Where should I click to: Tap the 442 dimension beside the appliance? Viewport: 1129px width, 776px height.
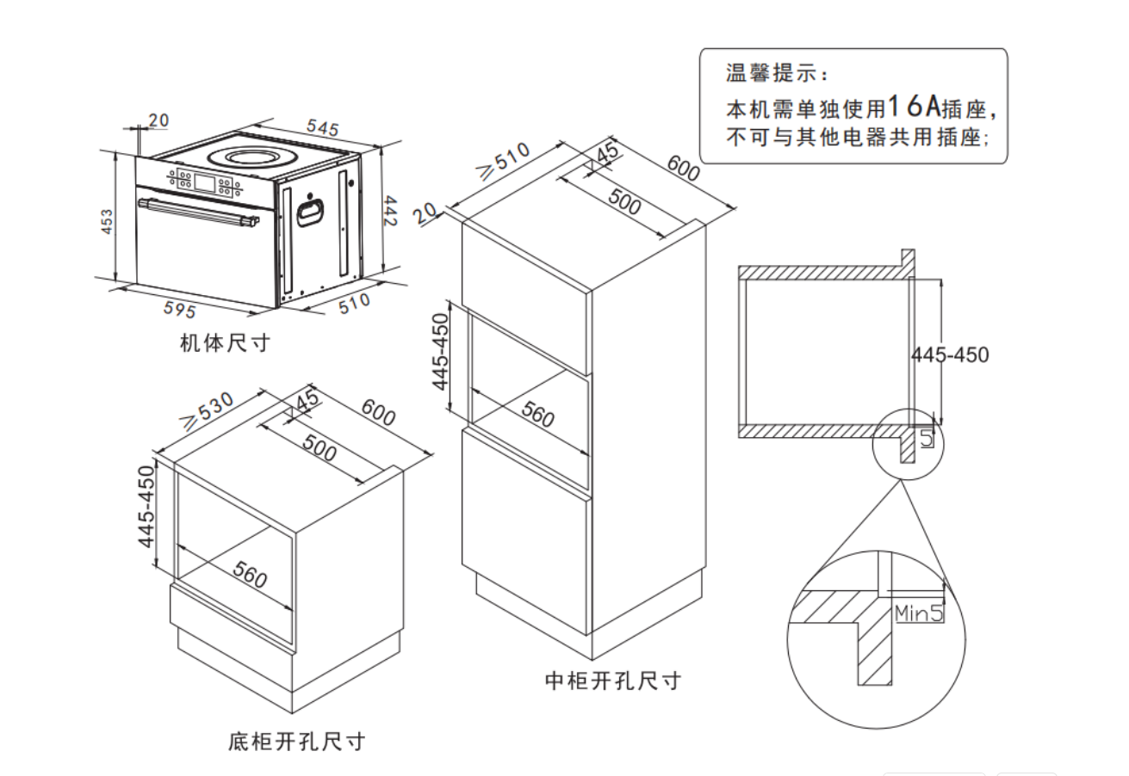pyautogui.click(x=389, y=211)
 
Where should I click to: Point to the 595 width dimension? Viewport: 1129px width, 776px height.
pyautogui.click(x=180, y=309)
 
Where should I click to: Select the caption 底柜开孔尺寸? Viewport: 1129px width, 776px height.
pyautogui.click(x=296, y=741)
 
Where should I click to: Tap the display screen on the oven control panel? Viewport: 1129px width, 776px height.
pyautogui.click(x=206, y=182)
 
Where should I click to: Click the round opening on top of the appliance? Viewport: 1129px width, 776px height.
pyautogui.click(x=251, y=157)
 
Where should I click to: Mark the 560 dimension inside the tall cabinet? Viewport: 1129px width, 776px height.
pyautogui.click(x=538, y=416)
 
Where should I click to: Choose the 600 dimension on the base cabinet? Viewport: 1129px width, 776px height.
pyautogui.click(x=378, y=413)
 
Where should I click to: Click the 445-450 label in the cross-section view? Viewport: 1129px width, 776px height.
pyautogui.click(x=949, y=354)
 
